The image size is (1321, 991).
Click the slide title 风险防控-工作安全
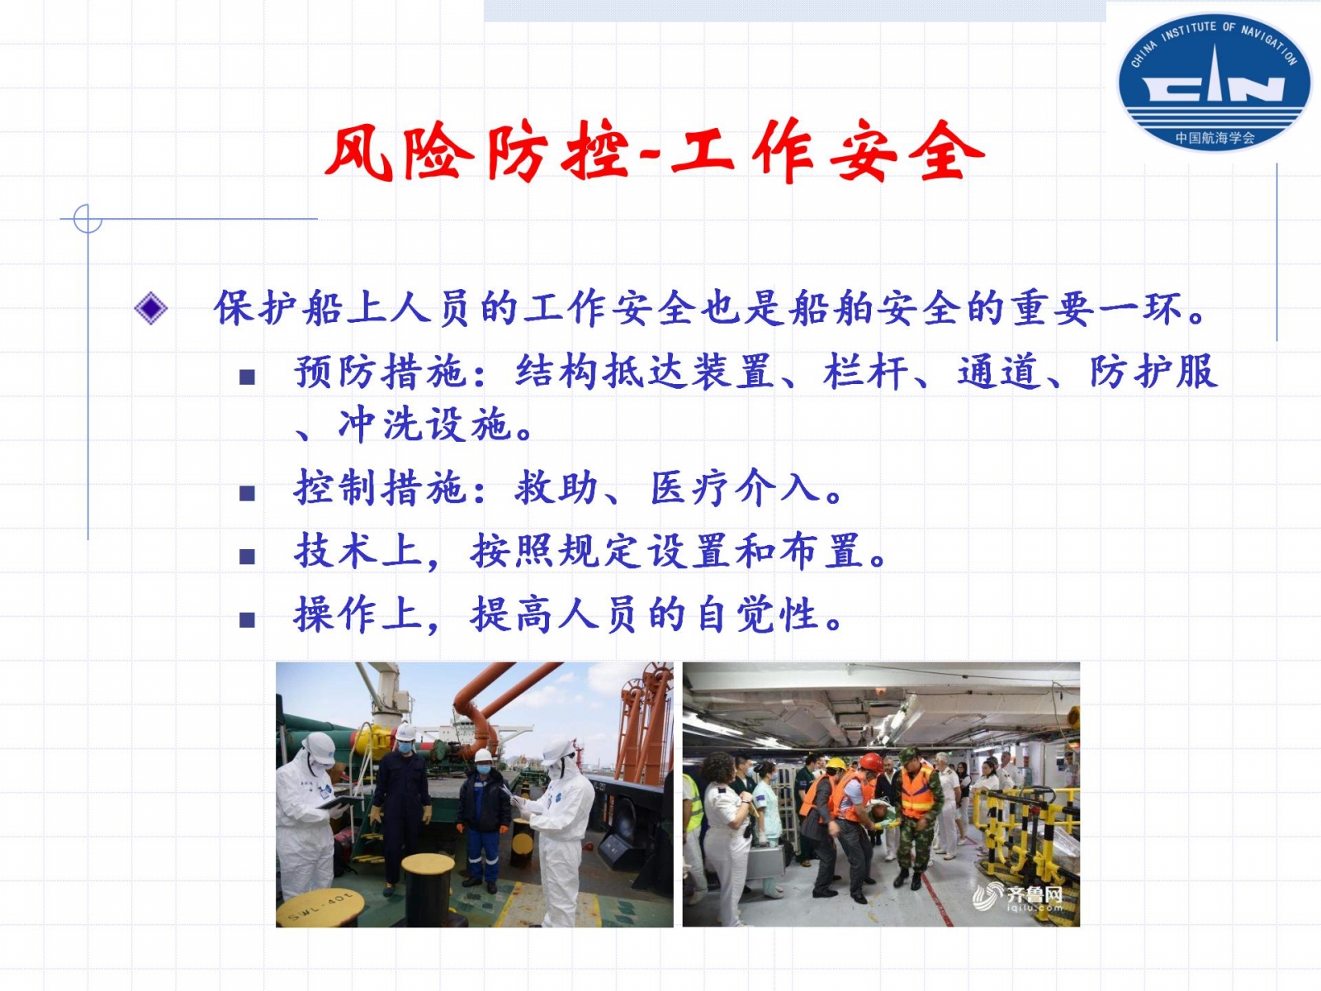(655, 152)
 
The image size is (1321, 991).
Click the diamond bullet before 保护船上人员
(150, 308)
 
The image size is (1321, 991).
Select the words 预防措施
(381, 372)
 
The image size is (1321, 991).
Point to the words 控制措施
(381, 488)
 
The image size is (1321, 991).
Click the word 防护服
(1153, 372)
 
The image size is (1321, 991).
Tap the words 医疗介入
(735, 488)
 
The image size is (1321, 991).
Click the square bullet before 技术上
(247, 556)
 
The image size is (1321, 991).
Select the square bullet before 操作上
(247, 619)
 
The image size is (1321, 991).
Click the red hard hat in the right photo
(871, 761)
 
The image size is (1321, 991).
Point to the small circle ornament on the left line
(88, 218)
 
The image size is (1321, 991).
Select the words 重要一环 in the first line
(1096, 308)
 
